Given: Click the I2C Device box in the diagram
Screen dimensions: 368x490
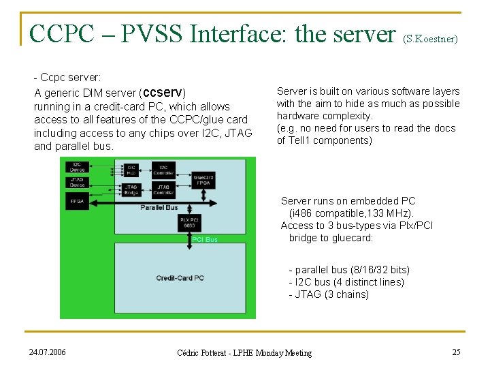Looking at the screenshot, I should (x=77, y=167).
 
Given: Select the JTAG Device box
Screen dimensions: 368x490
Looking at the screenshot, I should (x=77, y=183).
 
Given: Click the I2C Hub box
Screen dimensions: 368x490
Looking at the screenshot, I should (x=130, y=170).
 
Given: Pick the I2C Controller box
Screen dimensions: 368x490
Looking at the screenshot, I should (x=164, y=170).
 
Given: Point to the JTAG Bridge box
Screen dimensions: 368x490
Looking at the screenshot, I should (x=130, y=189).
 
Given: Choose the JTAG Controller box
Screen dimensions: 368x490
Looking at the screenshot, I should (x=164, y=189).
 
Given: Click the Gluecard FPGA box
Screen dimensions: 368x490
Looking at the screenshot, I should (x=203, y=180).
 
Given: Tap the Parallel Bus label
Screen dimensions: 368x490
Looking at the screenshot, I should (x=159, y=207).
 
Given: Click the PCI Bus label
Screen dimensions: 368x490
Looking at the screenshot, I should (x=204, y=239).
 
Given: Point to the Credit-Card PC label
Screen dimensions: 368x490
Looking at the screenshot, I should (x=180, y=278).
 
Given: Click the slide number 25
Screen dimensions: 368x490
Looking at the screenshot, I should (x=456, y=352).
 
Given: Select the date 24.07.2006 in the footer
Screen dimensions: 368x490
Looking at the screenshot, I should (x=48, y=352).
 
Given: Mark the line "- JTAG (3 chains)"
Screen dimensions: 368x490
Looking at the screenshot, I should (x=329, y=294).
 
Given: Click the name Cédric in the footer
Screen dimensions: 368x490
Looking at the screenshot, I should (x=191, y=353).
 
